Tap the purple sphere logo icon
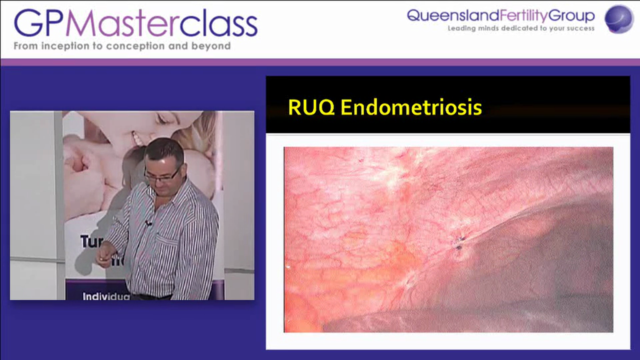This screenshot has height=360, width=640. tap(618, 19)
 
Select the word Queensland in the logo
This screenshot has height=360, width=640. tap(446, 16)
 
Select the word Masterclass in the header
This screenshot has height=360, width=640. tap(161, 24)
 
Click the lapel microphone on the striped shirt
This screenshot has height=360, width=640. tap(148, 223)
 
